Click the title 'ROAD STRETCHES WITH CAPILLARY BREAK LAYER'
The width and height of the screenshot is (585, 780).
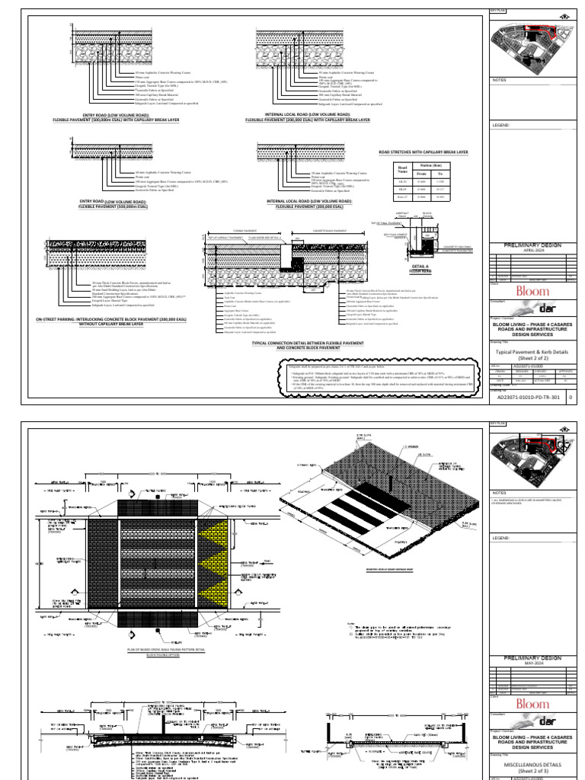point(424,152)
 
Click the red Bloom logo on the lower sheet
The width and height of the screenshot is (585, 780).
point(532,704)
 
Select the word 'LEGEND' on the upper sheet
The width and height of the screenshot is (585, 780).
point(500,125)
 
